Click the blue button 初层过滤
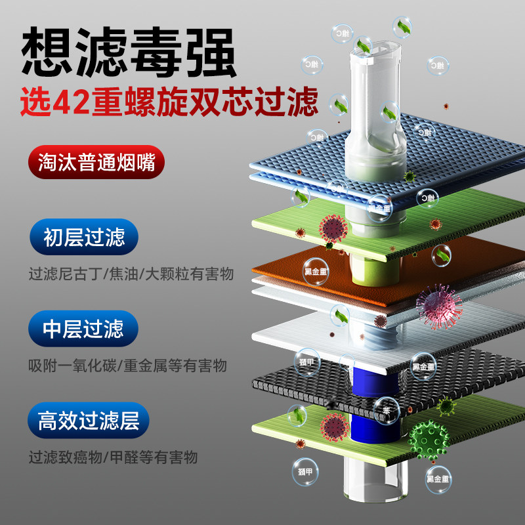click(x=84, y=237)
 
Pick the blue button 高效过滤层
click(x=89, y=420)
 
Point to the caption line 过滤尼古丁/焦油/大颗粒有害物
click(x=131, y=273)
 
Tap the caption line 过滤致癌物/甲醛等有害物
click(x=113, y=457)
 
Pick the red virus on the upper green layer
click(x=333, y=228)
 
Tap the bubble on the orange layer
click(x=316, y=270)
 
